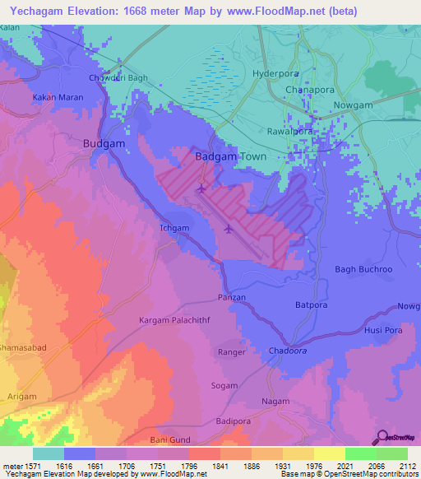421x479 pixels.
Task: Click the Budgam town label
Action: click(104, 143)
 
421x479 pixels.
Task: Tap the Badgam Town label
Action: click(228, 156)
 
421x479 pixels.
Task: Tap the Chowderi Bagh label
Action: click(123, 78)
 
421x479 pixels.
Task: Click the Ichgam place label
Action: click(173, 228)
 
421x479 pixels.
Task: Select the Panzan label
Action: click(232, 297)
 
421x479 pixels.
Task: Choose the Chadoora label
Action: click(287, 351)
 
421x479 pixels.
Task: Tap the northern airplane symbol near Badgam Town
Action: click(202, 190)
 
